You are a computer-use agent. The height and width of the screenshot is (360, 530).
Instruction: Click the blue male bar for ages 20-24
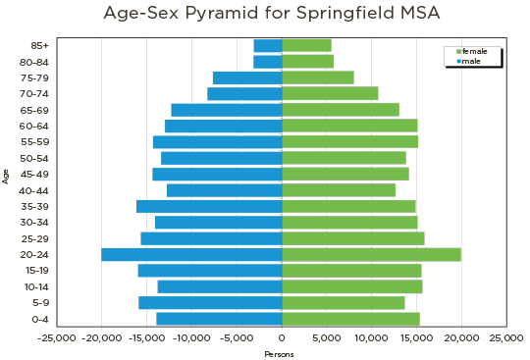(191, 255)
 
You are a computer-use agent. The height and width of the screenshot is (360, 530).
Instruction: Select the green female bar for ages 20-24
(372, 255)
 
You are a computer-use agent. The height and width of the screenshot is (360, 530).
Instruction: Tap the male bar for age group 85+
(267, 46)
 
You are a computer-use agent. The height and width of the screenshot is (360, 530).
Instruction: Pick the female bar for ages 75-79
(318, 77)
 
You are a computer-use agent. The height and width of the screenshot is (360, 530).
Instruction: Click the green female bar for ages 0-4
(351, 319)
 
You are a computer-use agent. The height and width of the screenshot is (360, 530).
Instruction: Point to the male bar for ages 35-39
(209, 206)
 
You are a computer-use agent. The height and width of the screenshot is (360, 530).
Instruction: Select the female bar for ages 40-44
(339, 190)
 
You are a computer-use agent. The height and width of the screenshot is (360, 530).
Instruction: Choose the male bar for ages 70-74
(244, 94)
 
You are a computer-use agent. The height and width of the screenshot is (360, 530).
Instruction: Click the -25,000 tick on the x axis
(56, 337)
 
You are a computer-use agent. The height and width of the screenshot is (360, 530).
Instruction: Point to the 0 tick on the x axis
(283, 337)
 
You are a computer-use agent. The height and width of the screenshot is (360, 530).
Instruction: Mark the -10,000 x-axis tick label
(191, 337)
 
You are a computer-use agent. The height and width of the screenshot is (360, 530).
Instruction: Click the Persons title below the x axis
(281, 354)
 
